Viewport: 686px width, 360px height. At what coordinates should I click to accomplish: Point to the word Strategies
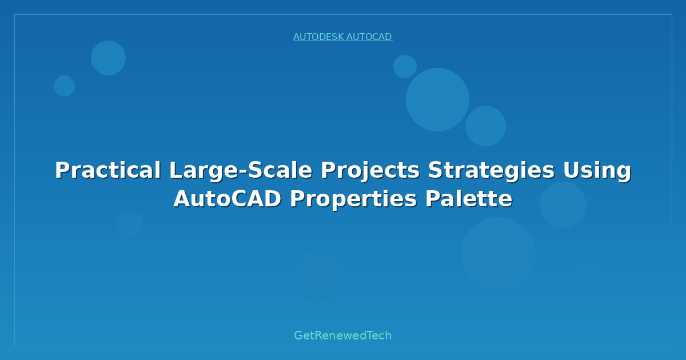pos(491,171)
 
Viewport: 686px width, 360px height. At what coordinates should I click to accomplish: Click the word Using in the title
pos(597,171)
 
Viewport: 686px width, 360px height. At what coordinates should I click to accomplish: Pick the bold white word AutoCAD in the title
pos(227,199)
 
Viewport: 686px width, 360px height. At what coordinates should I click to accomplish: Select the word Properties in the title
pos(353,199)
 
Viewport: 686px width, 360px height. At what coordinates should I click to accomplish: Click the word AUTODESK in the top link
pos(318,37)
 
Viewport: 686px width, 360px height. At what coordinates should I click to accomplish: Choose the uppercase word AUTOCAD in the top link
pos(369,37)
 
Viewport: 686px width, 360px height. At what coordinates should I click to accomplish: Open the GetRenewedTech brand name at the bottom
pos(342,336)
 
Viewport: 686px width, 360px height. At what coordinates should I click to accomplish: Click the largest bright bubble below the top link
pos(437,99)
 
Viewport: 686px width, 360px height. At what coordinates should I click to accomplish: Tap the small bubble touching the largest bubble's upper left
pos(405,66)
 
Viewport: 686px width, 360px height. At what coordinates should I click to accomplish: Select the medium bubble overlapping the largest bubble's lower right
pos(486,126)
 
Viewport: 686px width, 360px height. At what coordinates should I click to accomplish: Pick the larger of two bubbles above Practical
pos(108,58)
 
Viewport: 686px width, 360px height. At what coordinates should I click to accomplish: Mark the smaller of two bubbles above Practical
pos(64,86)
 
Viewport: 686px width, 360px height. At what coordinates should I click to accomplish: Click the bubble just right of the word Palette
pos(563,205)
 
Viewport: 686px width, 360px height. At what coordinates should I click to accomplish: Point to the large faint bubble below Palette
pos(498,254)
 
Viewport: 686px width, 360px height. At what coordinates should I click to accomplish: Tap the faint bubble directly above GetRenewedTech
pos(319,275)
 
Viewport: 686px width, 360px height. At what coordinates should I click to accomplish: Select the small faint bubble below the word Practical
pos(129,223)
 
